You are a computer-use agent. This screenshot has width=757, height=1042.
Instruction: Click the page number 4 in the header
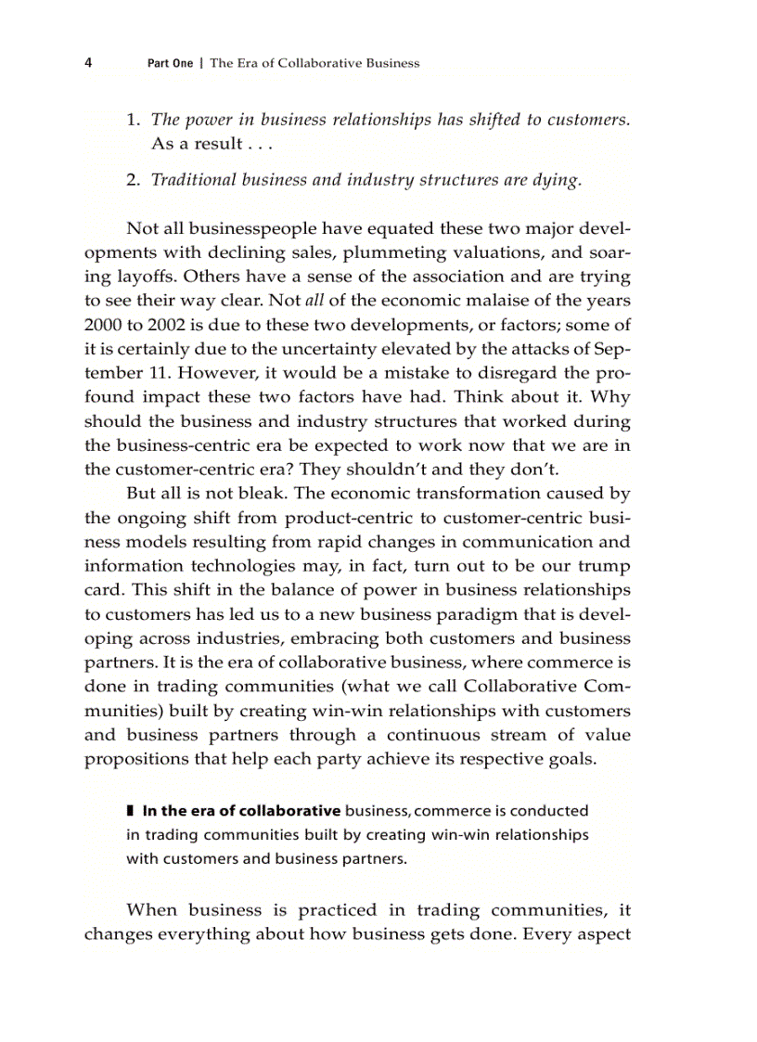pyautogui.click(x=88, y=63)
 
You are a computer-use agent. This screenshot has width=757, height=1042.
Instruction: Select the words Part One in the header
pyautogui.click(x=171, y=64)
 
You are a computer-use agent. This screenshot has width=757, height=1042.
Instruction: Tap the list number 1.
pyautogui.click(x=133, y=120)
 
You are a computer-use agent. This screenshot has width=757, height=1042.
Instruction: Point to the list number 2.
pyautogui.click(x=133, y=180)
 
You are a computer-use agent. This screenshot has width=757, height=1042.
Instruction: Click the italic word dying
pyautogui.click(x=557, y=180)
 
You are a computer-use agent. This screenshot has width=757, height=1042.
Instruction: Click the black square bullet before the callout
pyautogui.click(x=130, y=811)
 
